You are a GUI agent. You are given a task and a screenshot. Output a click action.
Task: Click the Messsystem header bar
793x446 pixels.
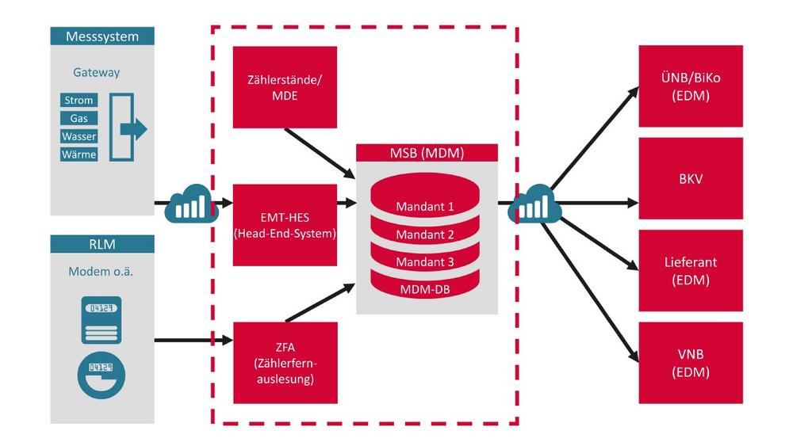tap(102, 36)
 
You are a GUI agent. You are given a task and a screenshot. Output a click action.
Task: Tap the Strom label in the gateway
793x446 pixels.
tap(79, 100)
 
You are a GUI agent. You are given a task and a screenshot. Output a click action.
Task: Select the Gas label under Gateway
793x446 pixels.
tap(79, 118)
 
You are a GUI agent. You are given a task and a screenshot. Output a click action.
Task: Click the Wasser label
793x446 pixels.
tap(79, 136)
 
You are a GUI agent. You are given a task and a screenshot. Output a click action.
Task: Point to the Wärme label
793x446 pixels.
tap(79, 154)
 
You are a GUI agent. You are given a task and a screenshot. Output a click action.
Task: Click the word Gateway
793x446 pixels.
tap(97, 72)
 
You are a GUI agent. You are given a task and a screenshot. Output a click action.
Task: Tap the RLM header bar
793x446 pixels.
tap(102, 244)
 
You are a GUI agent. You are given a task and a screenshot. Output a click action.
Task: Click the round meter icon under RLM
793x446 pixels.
tap(102, 375)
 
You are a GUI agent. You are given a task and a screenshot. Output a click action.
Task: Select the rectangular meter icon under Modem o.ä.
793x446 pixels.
tap(102, 320)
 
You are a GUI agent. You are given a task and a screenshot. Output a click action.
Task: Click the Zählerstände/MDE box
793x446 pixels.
tap(285, 87)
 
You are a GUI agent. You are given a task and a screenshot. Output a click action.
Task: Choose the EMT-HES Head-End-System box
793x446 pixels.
tap(285, 225)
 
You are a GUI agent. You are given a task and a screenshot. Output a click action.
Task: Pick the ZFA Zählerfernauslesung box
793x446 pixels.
tap(285, 363)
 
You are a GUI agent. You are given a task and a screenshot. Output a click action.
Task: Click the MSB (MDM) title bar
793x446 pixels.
tap(427, 153)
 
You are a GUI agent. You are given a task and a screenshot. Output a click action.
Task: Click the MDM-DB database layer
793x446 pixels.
tap(425, 286)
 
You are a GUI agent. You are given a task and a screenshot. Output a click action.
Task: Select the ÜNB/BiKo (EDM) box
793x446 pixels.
tap(691, 86)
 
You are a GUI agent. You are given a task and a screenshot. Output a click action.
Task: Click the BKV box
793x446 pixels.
tap(691, 178)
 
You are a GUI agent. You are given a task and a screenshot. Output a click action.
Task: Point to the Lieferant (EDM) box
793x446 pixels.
tap(691, 271)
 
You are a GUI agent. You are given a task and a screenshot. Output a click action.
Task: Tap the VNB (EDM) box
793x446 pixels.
tap(691, 363)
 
